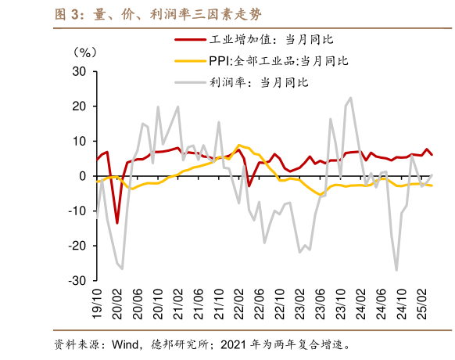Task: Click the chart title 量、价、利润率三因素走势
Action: click(x=149, y=13)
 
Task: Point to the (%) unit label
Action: click(x=84, y=53)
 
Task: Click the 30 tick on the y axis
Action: click(x=79, y=72)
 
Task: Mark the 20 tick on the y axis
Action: click(x=79, y=106)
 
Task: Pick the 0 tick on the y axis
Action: click(x=83, y=176)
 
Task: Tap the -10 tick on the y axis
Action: click(x=77, y=211)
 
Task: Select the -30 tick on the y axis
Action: click(x=77, y=280)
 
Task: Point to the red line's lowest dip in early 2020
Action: click(x=117, y=223)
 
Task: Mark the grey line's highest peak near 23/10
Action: click(x=350, y=98)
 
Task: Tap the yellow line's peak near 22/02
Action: click(x=238, y=145)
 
